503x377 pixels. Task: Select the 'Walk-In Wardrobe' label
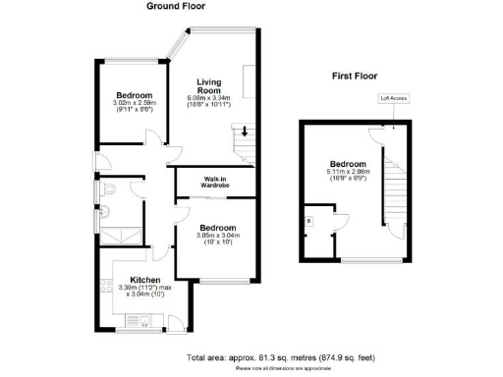[x=215, y=182]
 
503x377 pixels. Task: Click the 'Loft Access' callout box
[x=393, y=99]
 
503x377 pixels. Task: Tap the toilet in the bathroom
[x=109, y=189]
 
